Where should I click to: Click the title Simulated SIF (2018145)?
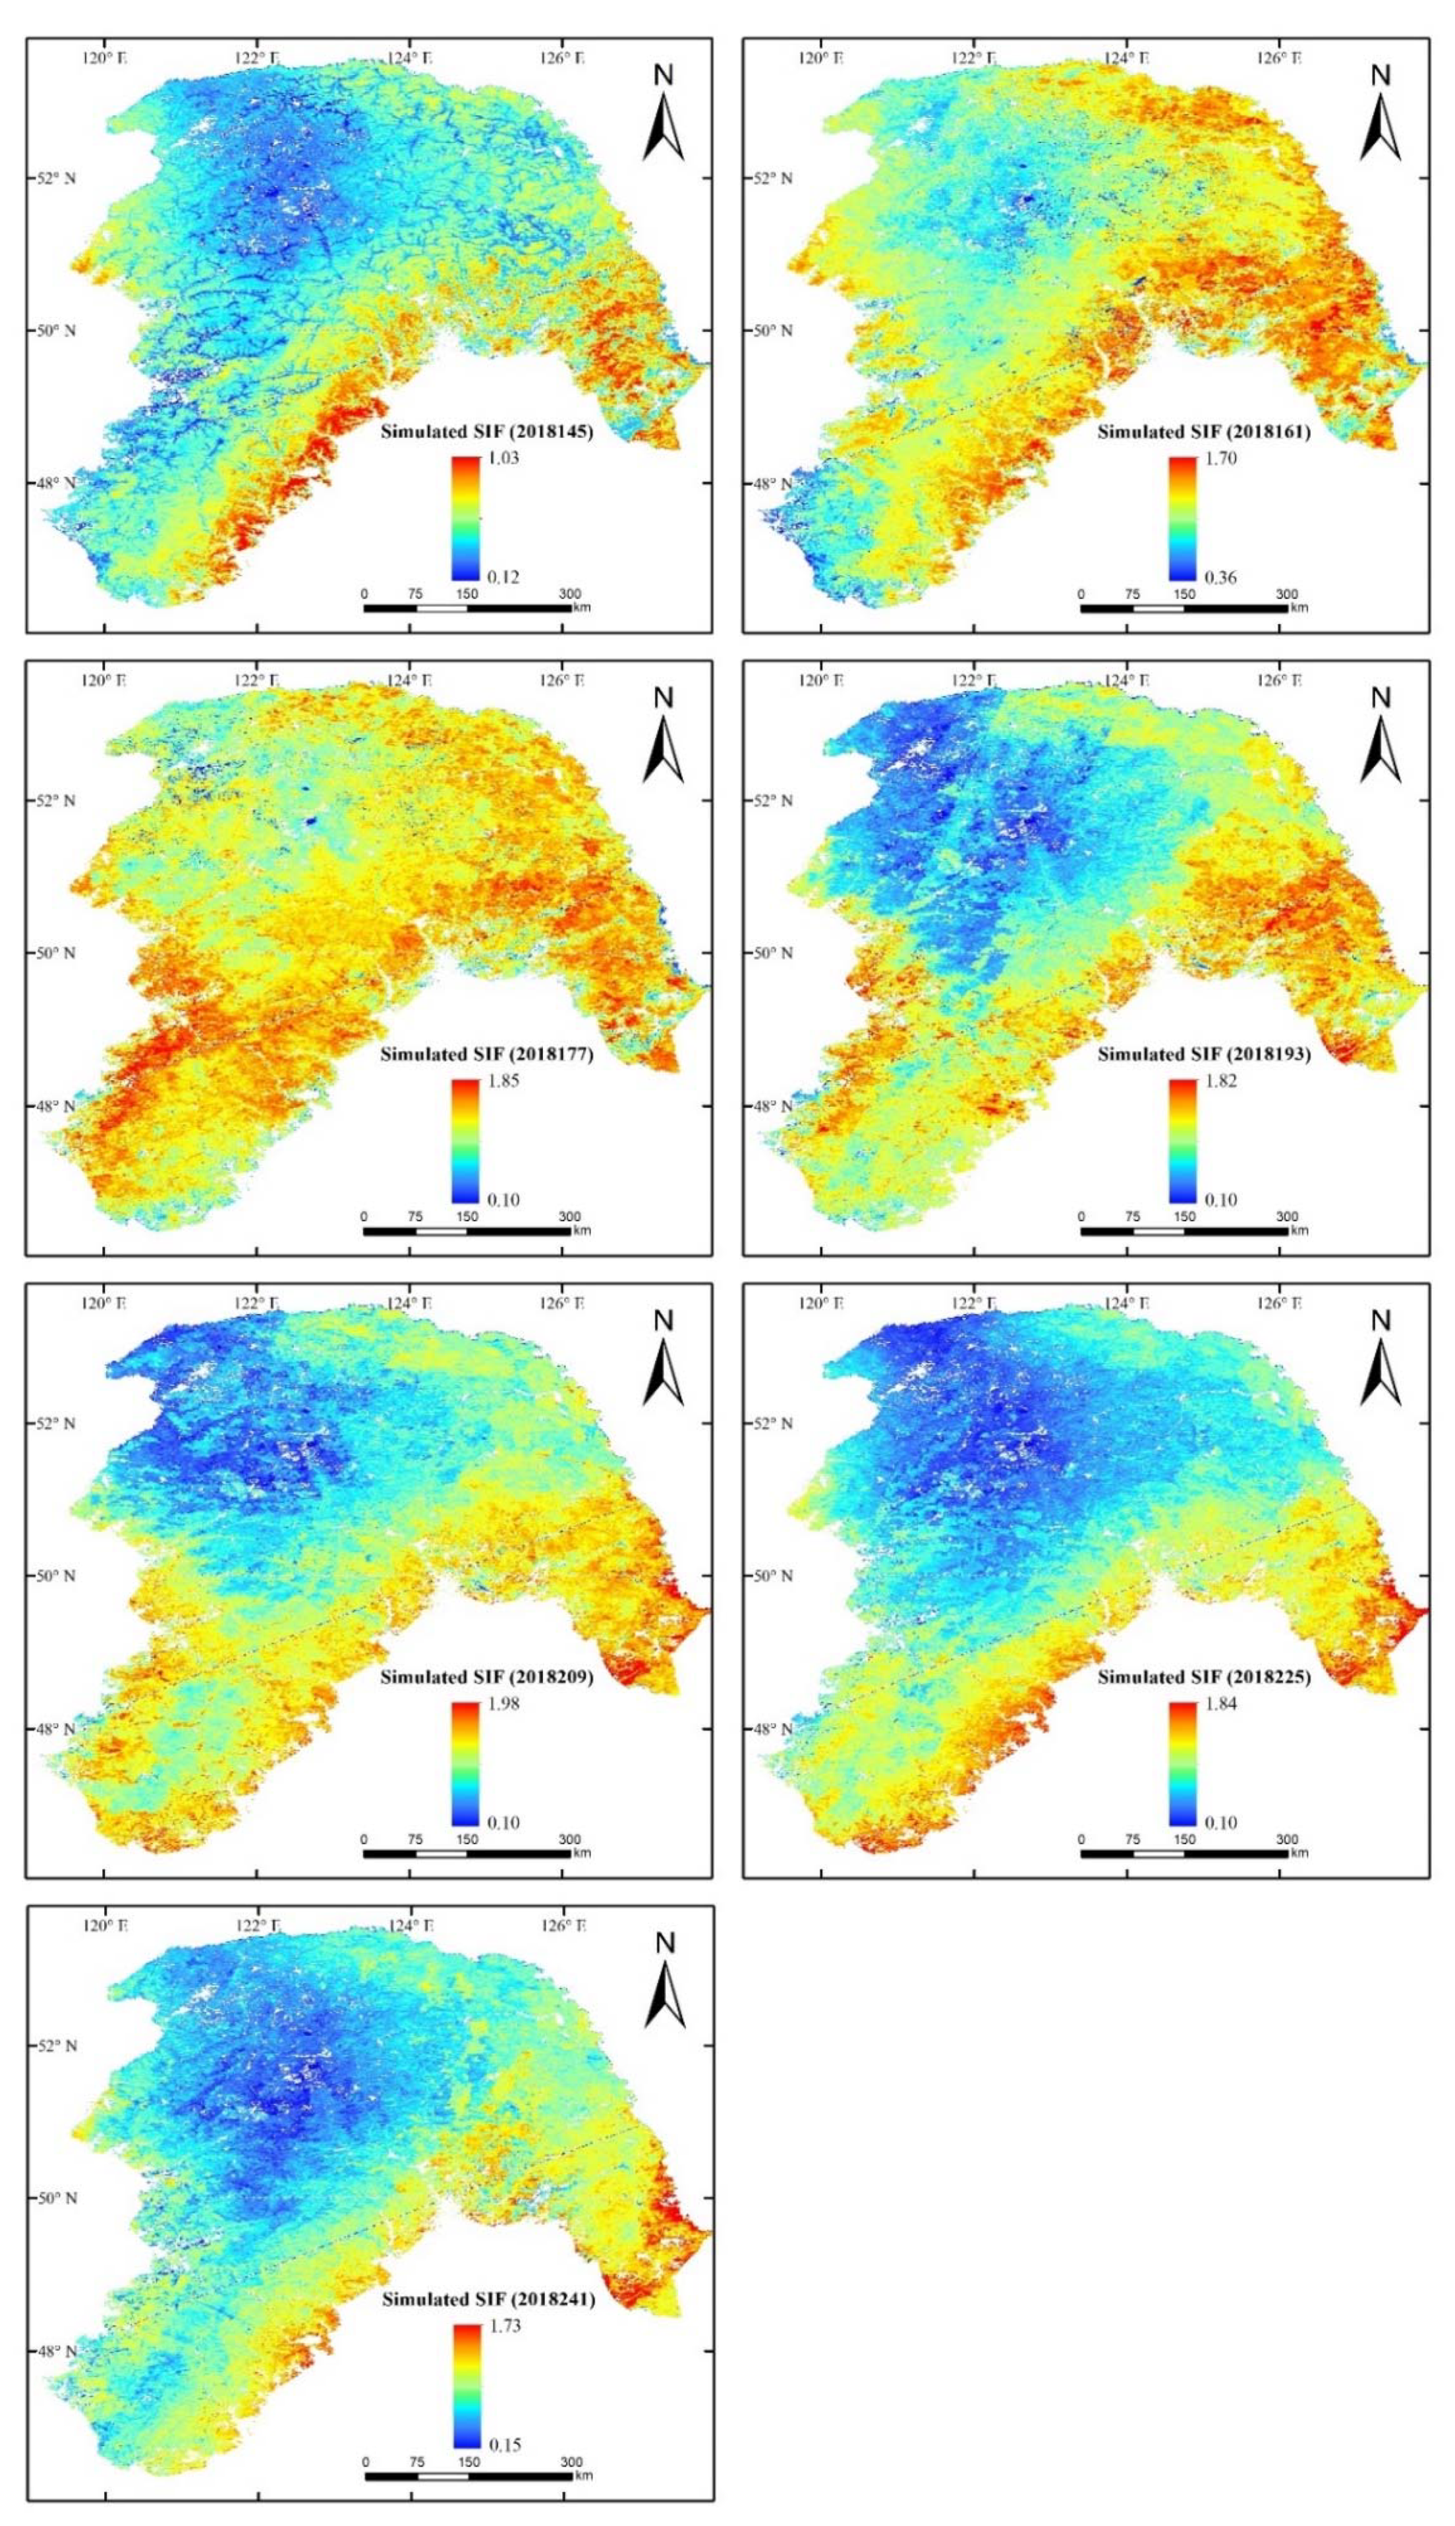click(x=488, y=433)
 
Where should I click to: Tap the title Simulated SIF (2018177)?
click(x=488, y=1055)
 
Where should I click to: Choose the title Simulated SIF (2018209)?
click(x=488, y=1677)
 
